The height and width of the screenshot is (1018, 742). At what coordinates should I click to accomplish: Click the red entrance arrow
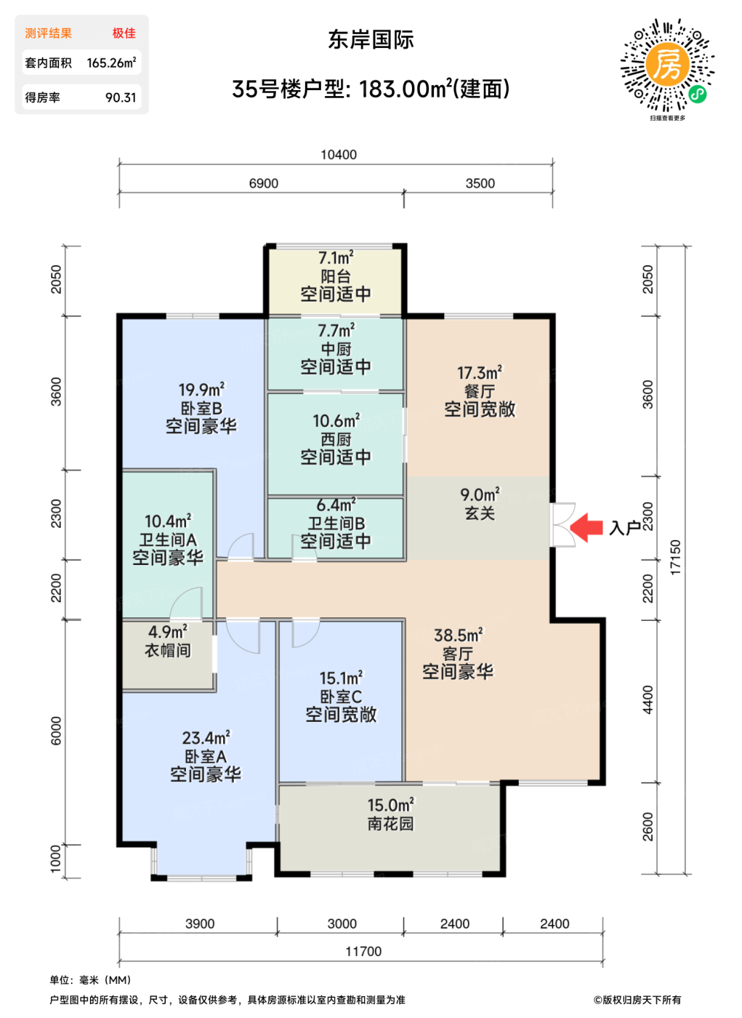(586, 528)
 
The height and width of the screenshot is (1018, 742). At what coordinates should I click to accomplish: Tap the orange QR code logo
(666, 64)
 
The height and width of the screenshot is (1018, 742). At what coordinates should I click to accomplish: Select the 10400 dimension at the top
(339, 155)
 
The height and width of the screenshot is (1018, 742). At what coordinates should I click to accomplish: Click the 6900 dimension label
(263, 183)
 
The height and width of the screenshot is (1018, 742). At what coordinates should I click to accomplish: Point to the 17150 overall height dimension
(676, 557)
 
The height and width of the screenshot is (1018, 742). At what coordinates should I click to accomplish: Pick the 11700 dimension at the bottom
(364, 951)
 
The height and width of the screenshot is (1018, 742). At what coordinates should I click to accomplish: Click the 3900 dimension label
(200, 923)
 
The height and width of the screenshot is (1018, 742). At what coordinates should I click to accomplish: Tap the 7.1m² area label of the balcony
(336, 257)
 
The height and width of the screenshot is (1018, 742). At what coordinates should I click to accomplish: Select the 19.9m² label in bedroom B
(201, 390)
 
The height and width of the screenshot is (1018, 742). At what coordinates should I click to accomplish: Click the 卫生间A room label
(168, 540)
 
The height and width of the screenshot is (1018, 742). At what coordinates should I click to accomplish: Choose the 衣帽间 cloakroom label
(168, 650)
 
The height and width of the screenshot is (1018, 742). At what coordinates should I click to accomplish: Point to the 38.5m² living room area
(459, 635)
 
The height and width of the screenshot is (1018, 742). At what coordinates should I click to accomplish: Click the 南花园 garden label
(390, 823)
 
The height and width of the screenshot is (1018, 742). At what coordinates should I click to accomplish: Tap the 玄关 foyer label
(480, 513)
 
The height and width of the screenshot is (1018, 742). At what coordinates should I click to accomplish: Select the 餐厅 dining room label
(480, 391)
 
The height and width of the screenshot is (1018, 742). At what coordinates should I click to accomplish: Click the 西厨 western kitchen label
(336, 439)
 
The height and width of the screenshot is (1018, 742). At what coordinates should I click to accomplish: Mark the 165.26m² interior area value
(111, 63)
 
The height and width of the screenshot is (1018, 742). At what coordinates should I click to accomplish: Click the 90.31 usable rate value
(121, 97)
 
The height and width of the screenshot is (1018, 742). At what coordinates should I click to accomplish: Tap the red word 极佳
(124, 33)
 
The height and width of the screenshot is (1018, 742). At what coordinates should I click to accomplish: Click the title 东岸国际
(371, 39)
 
